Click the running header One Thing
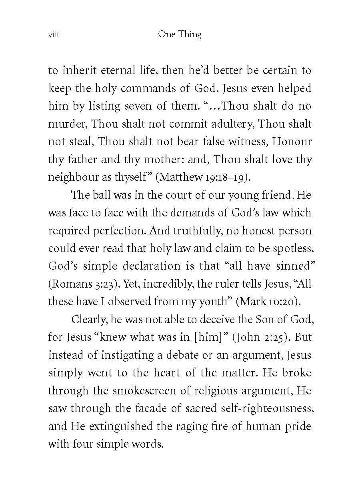(180, 34)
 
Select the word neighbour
(71, 177)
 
